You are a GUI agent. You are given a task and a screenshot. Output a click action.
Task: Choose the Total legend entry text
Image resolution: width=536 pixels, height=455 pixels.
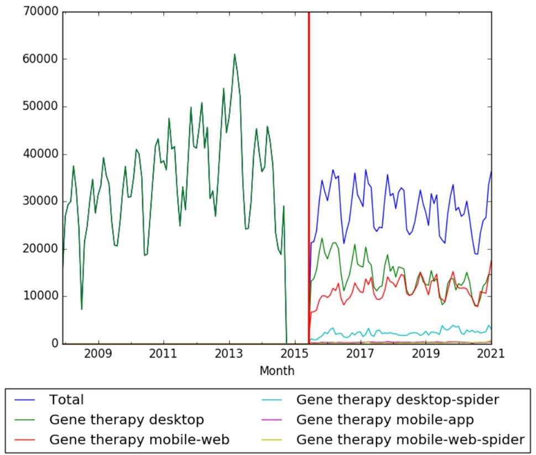66,400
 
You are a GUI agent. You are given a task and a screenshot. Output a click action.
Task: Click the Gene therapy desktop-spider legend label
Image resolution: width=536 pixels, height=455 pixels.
398,400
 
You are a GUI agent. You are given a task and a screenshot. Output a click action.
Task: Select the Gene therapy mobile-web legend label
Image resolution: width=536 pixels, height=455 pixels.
139,440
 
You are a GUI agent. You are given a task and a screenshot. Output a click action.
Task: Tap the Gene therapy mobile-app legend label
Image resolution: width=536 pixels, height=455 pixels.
386,420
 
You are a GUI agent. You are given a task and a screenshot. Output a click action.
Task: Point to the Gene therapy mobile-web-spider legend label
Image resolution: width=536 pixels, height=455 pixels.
410,440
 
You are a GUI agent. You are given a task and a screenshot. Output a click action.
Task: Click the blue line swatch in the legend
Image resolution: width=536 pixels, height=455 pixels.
27,400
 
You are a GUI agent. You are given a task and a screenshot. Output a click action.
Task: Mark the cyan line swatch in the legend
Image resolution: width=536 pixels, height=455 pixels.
274,400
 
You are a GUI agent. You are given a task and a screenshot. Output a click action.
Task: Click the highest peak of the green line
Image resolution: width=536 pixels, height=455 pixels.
235,54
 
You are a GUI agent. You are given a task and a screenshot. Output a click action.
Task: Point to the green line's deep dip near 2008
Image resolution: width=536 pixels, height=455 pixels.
82,309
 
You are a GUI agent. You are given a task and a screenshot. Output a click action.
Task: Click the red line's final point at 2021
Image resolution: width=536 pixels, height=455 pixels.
491,260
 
